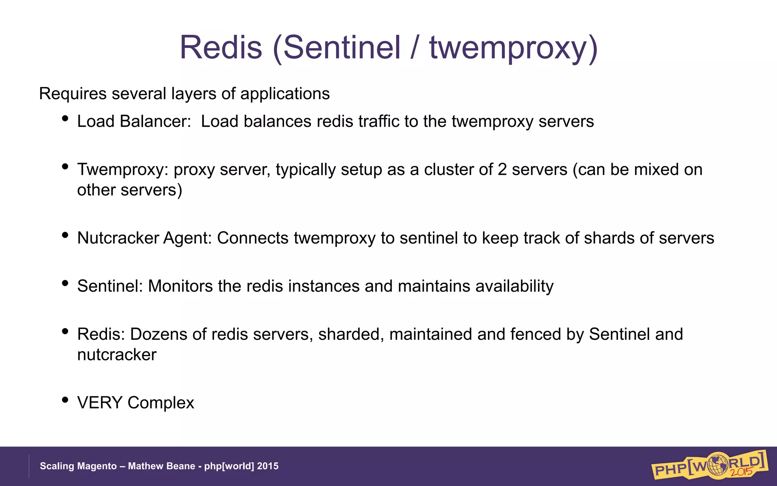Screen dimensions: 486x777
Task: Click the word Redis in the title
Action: coord(221,47)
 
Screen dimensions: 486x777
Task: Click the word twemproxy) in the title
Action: coord(513,47)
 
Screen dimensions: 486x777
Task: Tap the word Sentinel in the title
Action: coord(337,47)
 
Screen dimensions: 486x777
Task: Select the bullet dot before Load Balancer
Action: coord(65,118)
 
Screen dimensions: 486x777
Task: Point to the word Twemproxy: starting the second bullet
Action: coord(123,170)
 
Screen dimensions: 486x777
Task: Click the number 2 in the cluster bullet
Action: coord(502,170)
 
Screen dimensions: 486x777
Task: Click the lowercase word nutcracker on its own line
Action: coord(116,355)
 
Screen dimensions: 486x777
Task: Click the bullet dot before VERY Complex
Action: coord(65,400)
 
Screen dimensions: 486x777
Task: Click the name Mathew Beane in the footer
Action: coord(161,466)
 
